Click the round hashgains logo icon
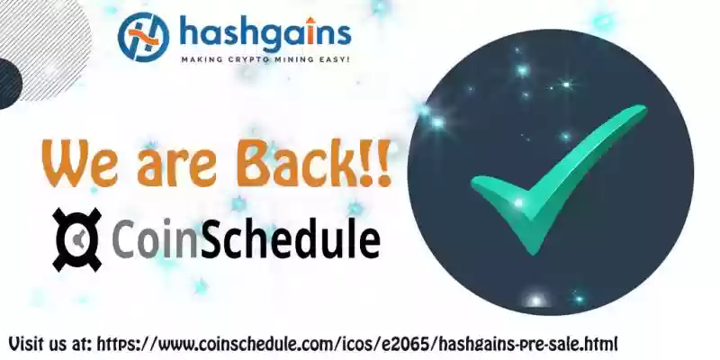(x=143, y=37)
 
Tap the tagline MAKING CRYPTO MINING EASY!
(x=265, y=59)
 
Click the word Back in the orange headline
(x=301, y=162)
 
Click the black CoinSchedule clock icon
(x=76, y=239)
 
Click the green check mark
(x=558, y=179)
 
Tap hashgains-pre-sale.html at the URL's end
(x=527, y=344)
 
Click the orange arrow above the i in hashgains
(x=310, y=20)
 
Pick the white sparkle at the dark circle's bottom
(x=535, y=301)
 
